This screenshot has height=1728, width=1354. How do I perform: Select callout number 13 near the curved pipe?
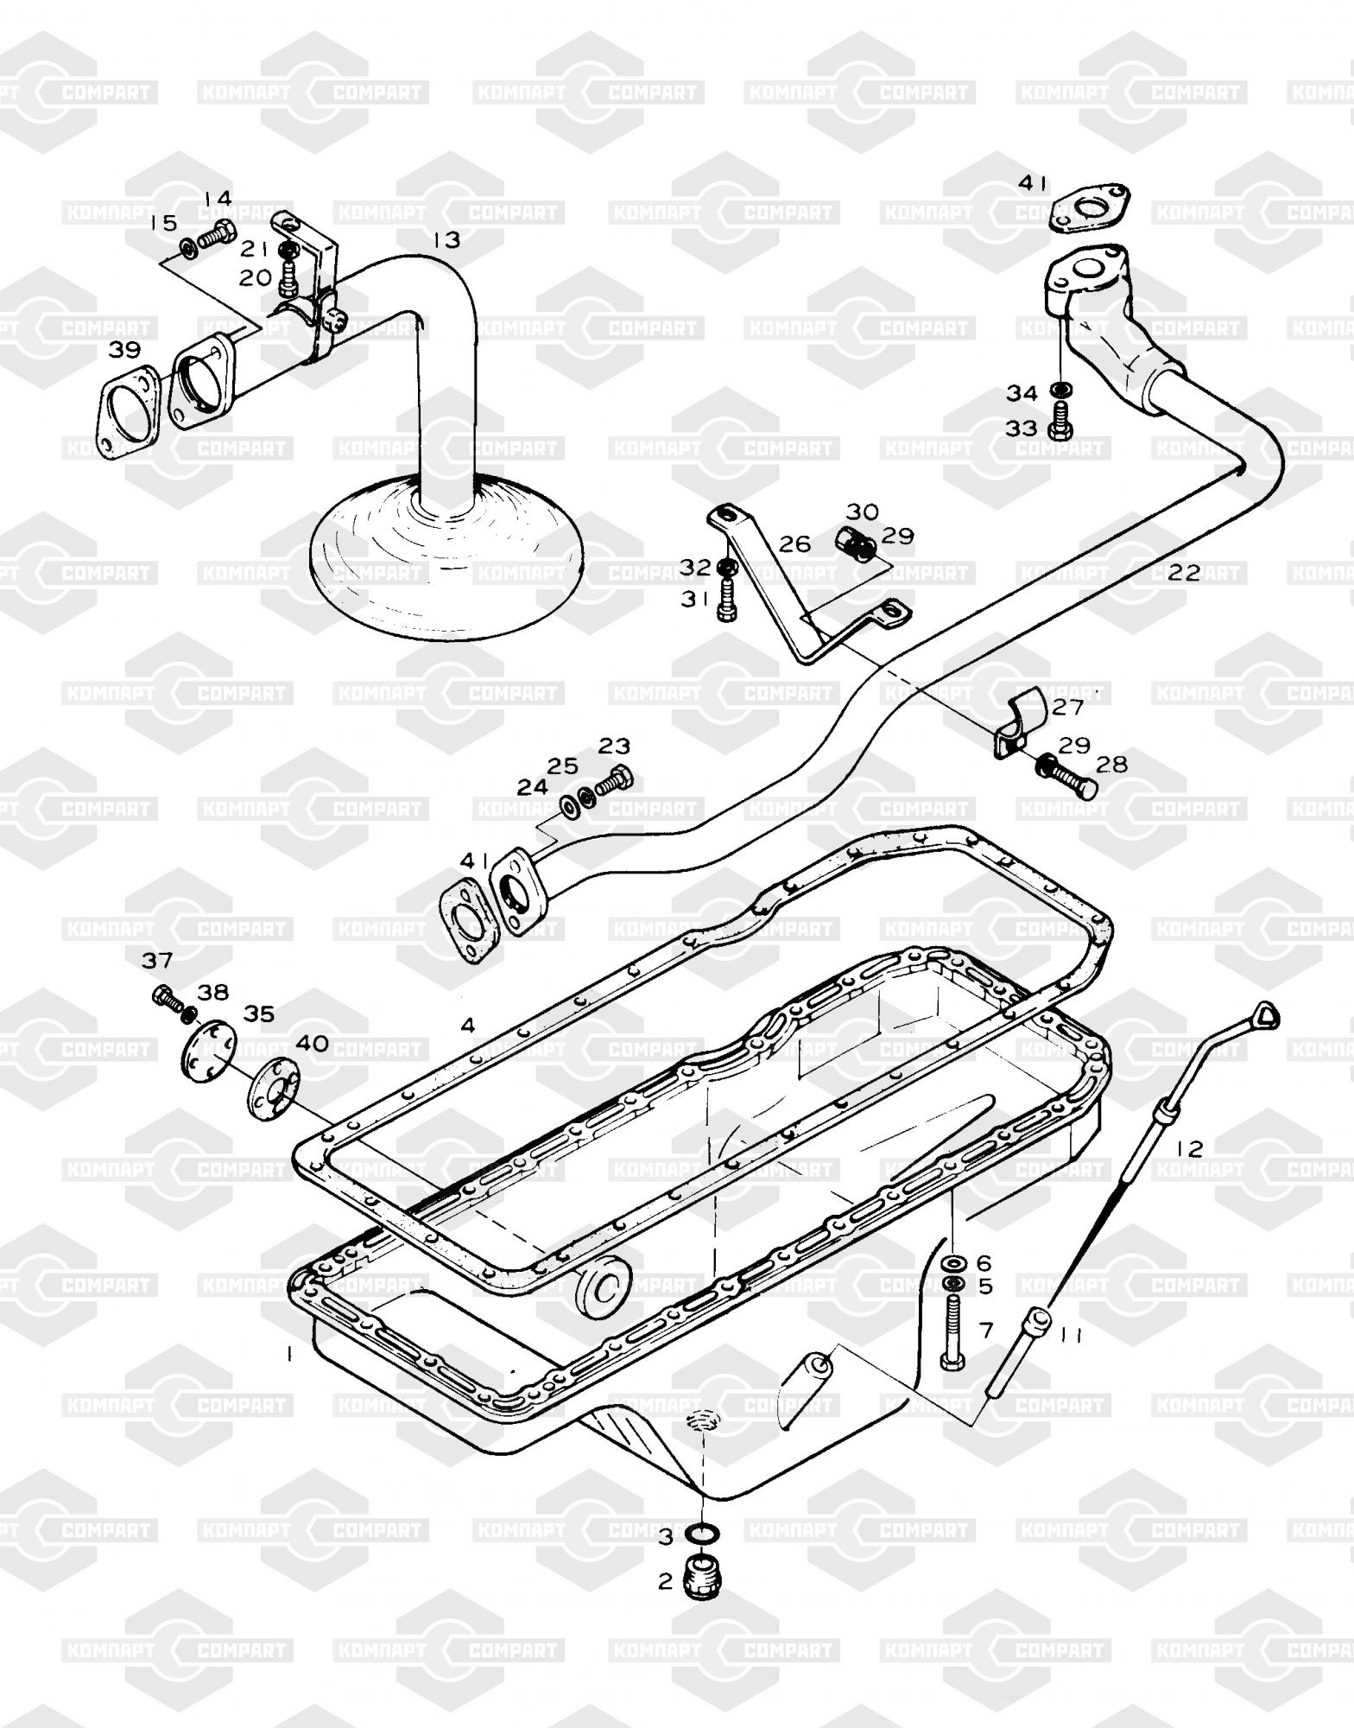tap(446, 240)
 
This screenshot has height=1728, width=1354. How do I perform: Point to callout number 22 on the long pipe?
tap(1185, 572)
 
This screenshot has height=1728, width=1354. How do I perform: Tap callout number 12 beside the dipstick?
tap(1189, 1148)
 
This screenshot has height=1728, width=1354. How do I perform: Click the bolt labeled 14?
tap(217, 233)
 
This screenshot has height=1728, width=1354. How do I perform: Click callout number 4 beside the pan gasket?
tap(467, 1026)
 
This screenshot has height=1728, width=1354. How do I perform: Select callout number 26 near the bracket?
tap(794, 543)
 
